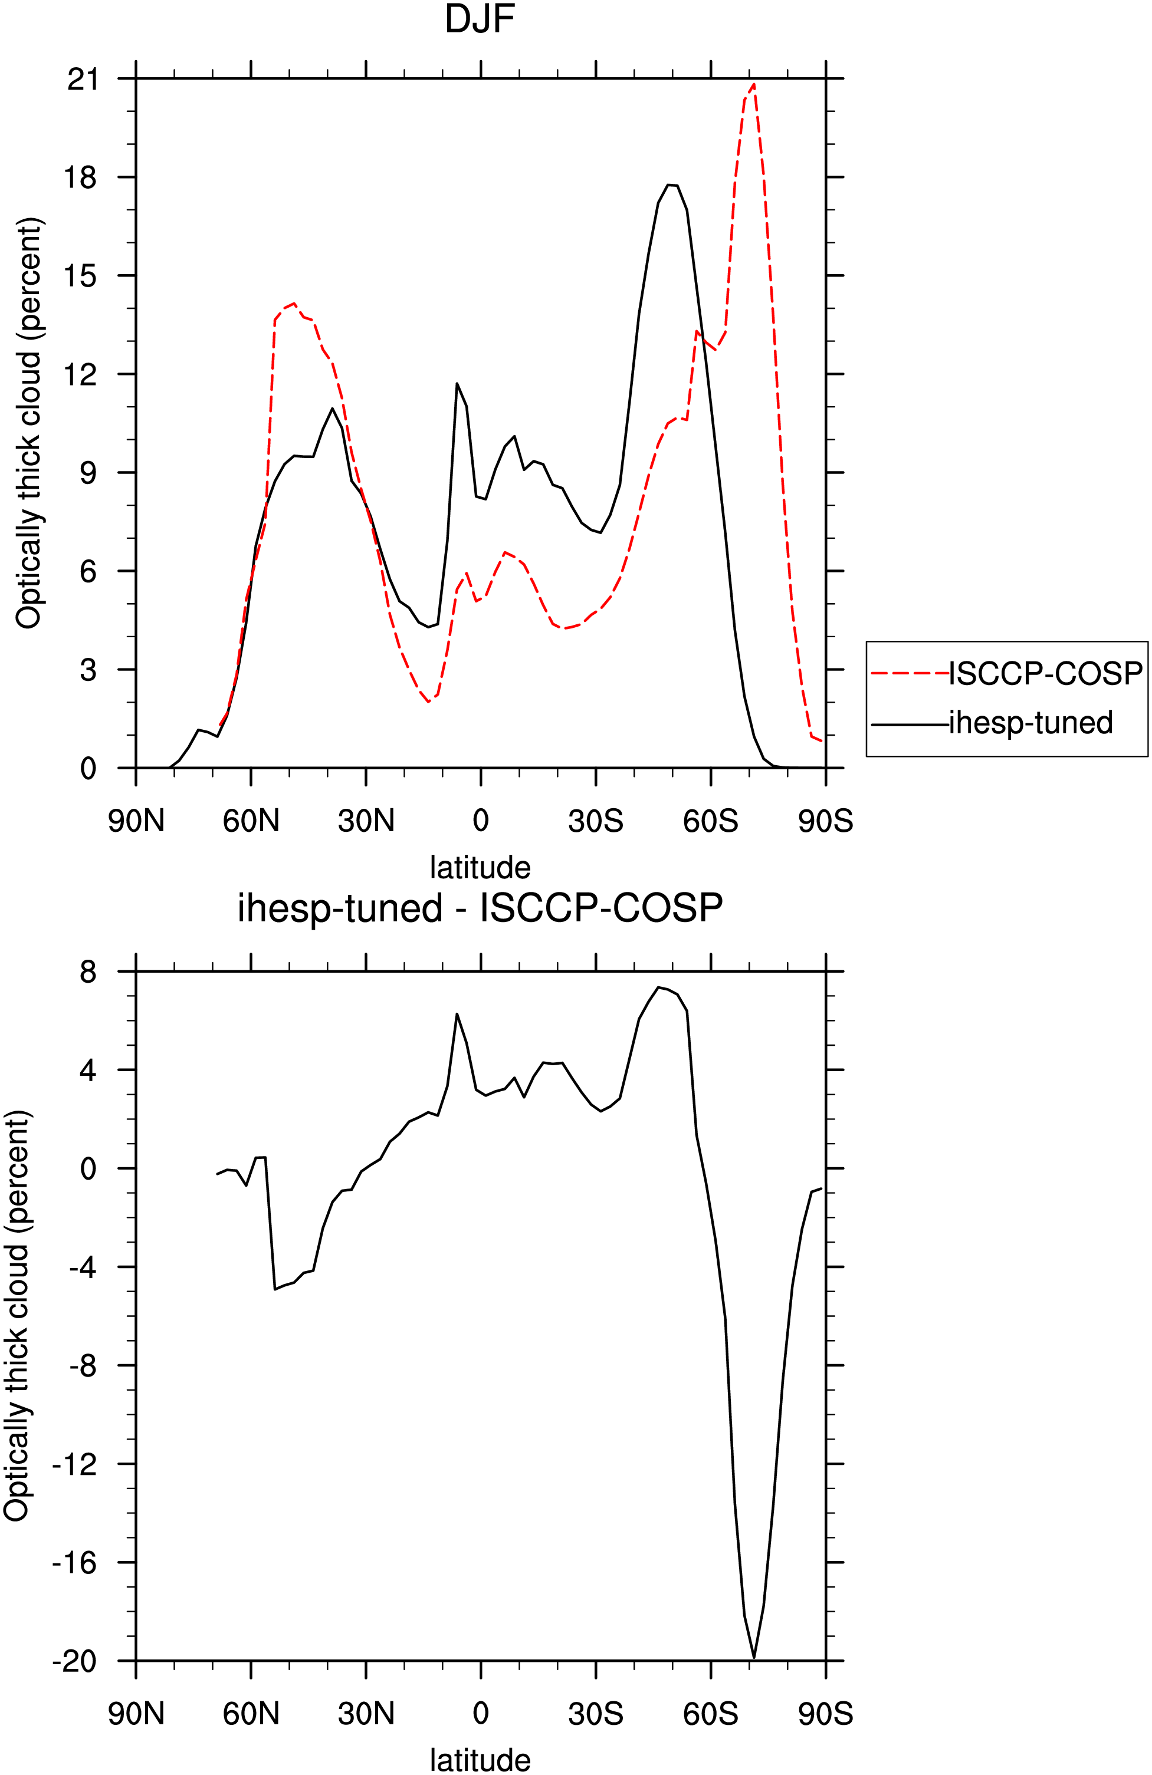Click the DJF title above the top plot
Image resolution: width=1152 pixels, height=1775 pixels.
[x=480, y=19]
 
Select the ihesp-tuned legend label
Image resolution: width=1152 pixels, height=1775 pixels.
[x=1031, y=723]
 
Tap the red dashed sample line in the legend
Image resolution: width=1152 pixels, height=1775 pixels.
[x=910, y=673]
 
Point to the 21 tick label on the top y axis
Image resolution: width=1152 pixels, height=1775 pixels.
[x=82, y=79]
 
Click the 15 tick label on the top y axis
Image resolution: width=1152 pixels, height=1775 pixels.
[x=82, y=276]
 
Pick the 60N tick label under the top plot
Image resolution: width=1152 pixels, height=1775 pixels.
[x=251, y=821]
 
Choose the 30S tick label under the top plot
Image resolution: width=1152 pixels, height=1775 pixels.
[x=595, y=821]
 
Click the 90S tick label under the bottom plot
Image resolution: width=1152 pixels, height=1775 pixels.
[x=825, y=1714]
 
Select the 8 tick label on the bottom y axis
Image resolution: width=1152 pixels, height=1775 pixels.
[x=89, y=972]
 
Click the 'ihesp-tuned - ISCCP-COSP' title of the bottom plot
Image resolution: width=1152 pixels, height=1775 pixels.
[x=480, y=908]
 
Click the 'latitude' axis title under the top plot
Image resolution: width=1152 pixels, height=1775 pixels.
[x=480, y=867]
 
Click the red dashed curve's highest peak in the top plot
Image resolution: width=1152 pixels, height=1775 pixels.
[x=754, y=84]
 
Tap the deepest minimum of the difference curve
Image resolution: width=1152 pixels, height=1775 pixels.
[x=754, y=1657]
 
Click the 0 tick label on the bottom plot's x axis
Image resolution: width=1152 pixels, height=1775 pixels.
[x=481, y=1714]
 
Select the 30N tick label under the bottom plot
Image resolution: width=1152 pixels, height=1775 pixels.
[x=366, y=1714]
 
